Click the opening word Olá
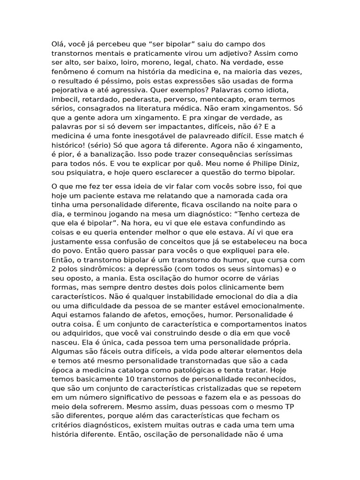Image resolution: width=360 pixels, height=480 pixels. pyautogui.click(x=58, y=45)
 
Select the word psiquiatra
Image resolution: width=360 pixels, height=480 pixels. pyautogui.click(x=84, y=172)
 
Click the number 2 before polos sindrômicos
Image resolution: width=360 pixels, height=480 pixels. pyautogui.click(x=54, y=269)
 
